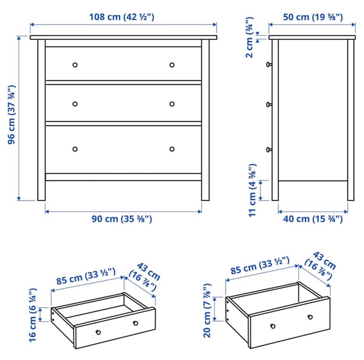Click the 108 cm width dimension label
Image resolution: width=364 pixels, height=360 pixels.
(x=122, y=17)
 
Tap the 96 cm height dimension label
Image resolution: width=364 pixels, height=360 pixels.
(x=12, y=115)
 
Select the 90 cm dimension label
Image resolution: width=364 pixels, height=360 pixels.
(x=122, y=219)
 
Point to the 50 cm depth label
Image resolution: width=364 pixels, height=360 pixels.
(x=313, y=17)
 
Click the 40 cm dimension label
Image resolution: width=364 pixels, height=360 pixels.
(x=313, y=219)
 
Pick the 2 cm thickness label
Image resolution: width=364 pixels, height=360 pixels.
(x=249, y=38)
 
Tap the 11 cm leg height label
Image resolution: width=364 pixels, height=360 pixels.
(x=253, y=190)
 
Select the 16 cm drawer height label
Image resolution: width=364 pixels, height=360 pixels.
(x=33, y=315)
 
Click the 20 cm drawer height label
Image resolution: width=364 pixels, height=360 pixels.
(x=207, y=310)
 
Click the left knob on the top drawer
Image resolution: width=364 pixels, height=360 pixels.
(x=75, y=65)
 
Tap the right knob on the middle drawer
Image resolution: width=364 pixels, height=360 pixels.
(x=172, y=104)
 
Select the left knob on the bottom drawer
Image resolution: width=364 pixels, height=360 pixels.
(x=75, y=149)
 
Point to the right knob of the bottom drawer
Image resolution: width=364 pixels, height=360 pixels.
(x=172, y=149)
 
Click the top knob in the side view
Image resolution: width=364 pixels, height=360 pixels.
(x=269, y=64)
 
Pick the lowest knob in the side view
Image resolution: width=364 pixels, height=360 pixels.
(x=269, y=149)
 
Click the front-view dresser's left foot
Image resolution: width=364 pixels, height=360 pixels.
(x=42, y=191)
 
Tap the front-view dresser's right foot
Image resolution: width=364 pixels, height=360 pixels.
(x=205, y=191)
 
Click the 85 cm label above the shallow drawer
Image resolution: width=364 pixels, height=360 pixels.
(x=86, y=276)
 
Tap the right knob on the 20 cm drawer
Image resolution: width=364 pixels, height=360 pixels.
(x=310, y=317)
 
